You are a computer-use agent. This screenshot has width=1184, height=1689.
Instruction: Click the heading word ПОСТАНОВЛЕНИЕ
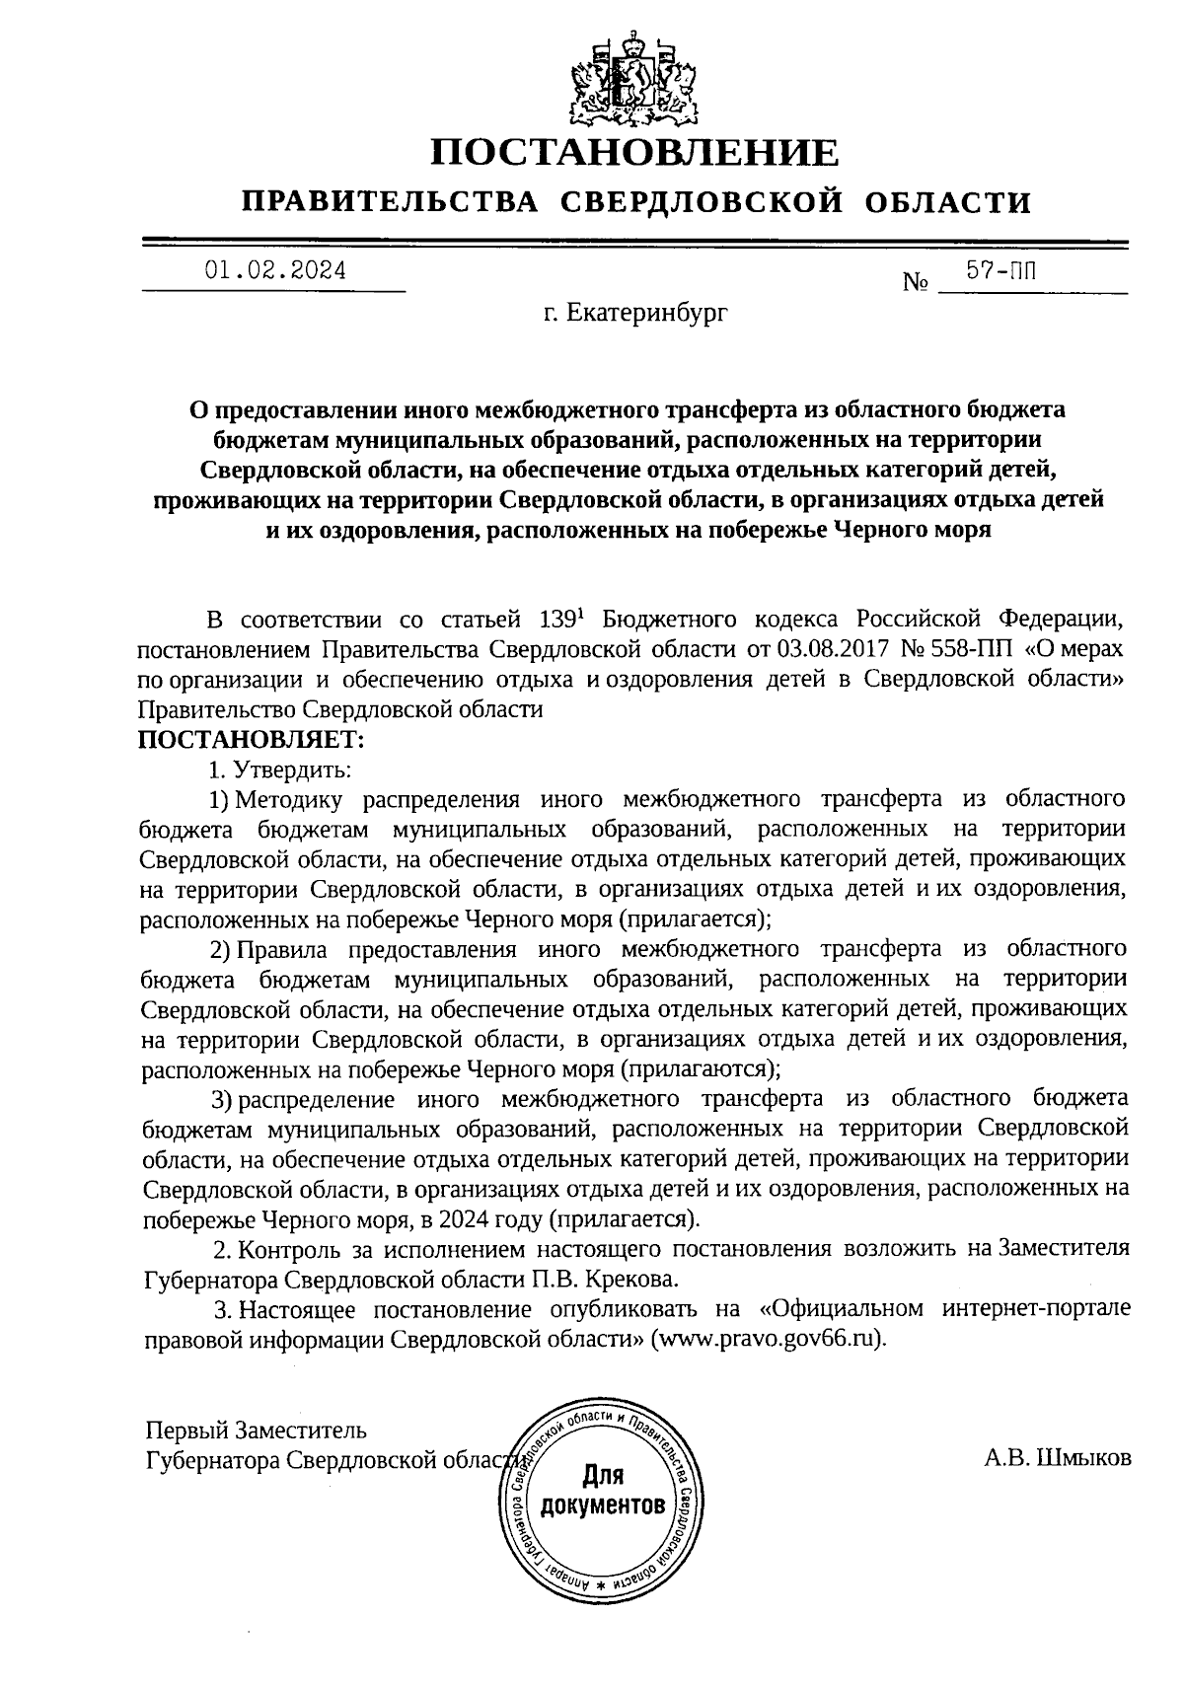tap(636, 153)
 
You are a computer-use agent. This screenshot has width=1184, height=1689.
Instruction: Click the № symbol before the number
tap(917, 283)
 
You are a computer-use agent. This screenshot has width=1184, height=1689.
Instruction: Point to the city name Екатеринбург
tap(634, 314)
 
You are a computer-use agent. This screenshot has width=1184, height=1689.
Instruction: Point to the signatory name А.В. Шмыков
tap(1057, 1459)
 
